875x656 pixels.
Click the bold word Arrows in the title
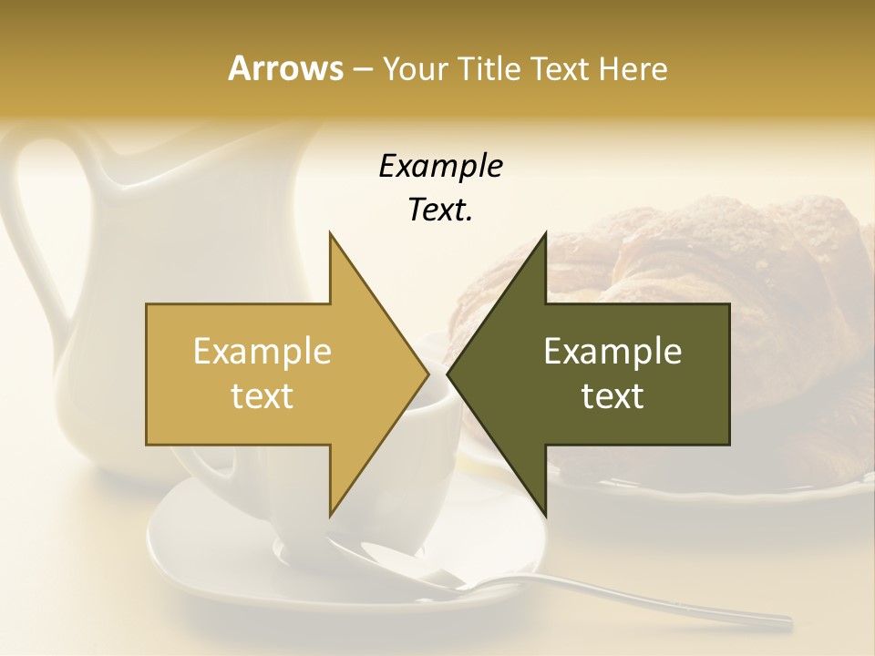[x=285, y=68]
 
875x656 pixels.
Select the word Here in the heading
[x=633, y=68]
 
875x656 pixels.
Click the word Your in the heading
[x=415, y=68]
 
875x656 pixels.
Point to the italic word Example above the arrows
[x=440, y=166]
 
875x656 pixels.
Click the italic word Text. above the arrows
[x=440, y=210]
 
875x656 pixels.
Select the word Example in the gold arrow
[x=262, y=352]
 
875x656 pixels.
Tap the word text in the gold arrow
[x=262, y=395]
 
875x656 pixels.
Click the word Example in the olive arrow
[x=612, y=352]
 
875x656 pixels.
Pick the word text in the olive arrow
[x=612, y=395]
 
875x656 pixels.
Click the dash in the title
[x=362, y=69]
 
